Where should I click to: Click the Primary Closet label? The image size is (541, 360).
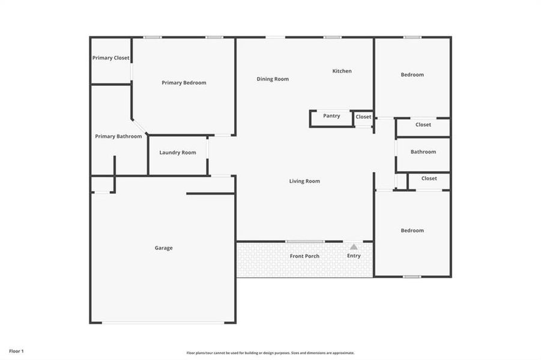click(110, 58)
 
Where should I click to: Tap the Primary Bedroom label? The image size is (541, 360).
click(184, 83)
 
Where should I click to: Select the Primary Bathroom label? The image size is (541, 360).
click(118, 136)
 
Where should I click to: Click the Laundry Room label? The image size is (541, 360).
click(178, 152)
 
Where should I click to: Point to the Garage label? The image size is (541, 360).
click(163, 248)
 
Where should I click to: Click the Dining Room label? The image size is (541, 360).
click(273, 79)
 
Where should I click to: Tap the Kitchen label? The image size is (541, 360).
click(342, 71)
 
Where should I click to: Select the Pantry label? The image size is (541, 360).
click(331, 116)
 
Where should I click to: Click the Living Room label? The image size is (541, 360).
click(304, 181)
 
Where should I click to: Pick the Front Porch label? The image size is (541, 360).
click(304, 256)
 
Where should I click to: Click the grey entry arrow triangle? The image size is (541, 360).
click(354, 247)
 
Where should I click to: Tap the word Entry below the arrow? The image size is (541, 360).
click(354, 256)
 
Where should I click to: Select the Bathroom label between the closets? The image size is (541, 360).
click(423, 152)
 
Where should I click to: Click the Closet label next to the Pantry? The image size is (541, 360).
click(363, 116)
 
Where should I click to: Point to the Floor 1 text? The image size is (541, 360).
click(16, 351)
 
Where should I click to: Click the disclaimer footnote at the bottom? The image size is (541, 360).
click(270, 353)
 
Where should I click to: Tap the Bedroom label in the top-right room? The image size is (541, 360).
click(412, 75)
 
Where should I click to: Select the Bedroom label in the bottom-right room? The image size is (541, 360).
click(412, 230)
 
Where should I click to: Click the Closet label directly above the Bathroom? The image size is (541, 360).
click(423, 125)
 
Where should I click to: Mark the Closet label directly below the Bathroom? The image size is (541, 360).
click(429, 178)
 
